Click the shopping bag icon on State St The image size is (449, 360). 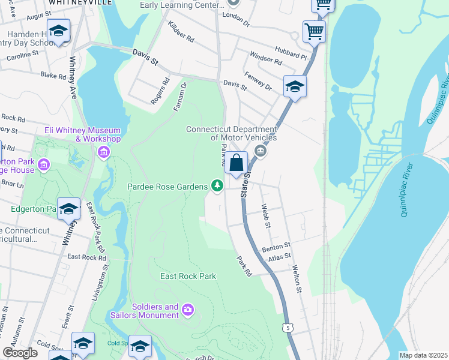[x=237, y=163]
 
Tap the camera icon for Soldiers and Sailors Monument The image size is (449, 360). [x=188, y=310]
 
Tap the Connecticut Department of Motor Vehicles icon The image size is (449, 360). [x=260, y=151]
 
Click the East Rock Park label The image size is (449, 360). [x=188, y=277]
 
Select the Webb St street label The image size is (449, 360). [x=267, y=216]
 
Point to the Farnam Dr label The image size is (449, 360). [x=181, y=94]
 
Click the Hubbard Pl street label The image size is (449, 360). [x=291, y=53]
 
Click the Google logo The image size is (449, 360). [x=20, y=353]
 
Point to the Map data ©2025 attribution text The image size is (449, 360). [x=423, y=355]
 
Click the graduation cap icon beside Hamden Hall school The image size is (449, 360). [x=59, y=31]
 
